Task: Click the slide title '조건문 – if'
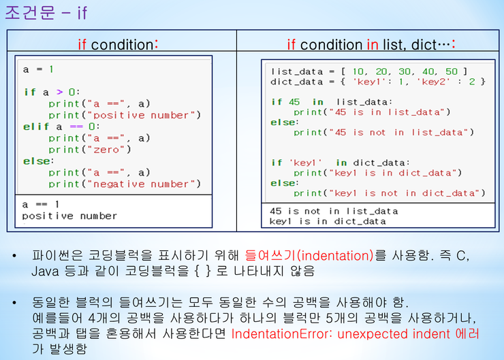click(46, 13)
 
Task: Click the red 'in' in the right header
click(373, 45)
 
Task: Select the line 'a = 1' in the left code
click(38, 69)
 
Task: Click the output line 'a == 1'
click(40, 204)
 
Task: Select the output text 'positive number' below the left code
click(69, 216)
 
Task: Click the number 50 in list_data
click(452, 71)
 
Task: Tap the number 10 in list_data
click(358, 71)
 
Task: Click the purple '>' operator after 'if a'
click(59, 92)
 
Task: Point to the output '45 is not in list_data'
click(334, 211)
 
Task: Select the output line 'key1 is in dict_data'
click(328, 221)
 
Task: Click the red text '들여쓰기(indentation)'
click(309, 256)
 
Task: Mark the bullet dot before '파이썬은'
click(14, 256)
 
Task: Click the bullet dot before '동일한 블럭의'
click(14, 303)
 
